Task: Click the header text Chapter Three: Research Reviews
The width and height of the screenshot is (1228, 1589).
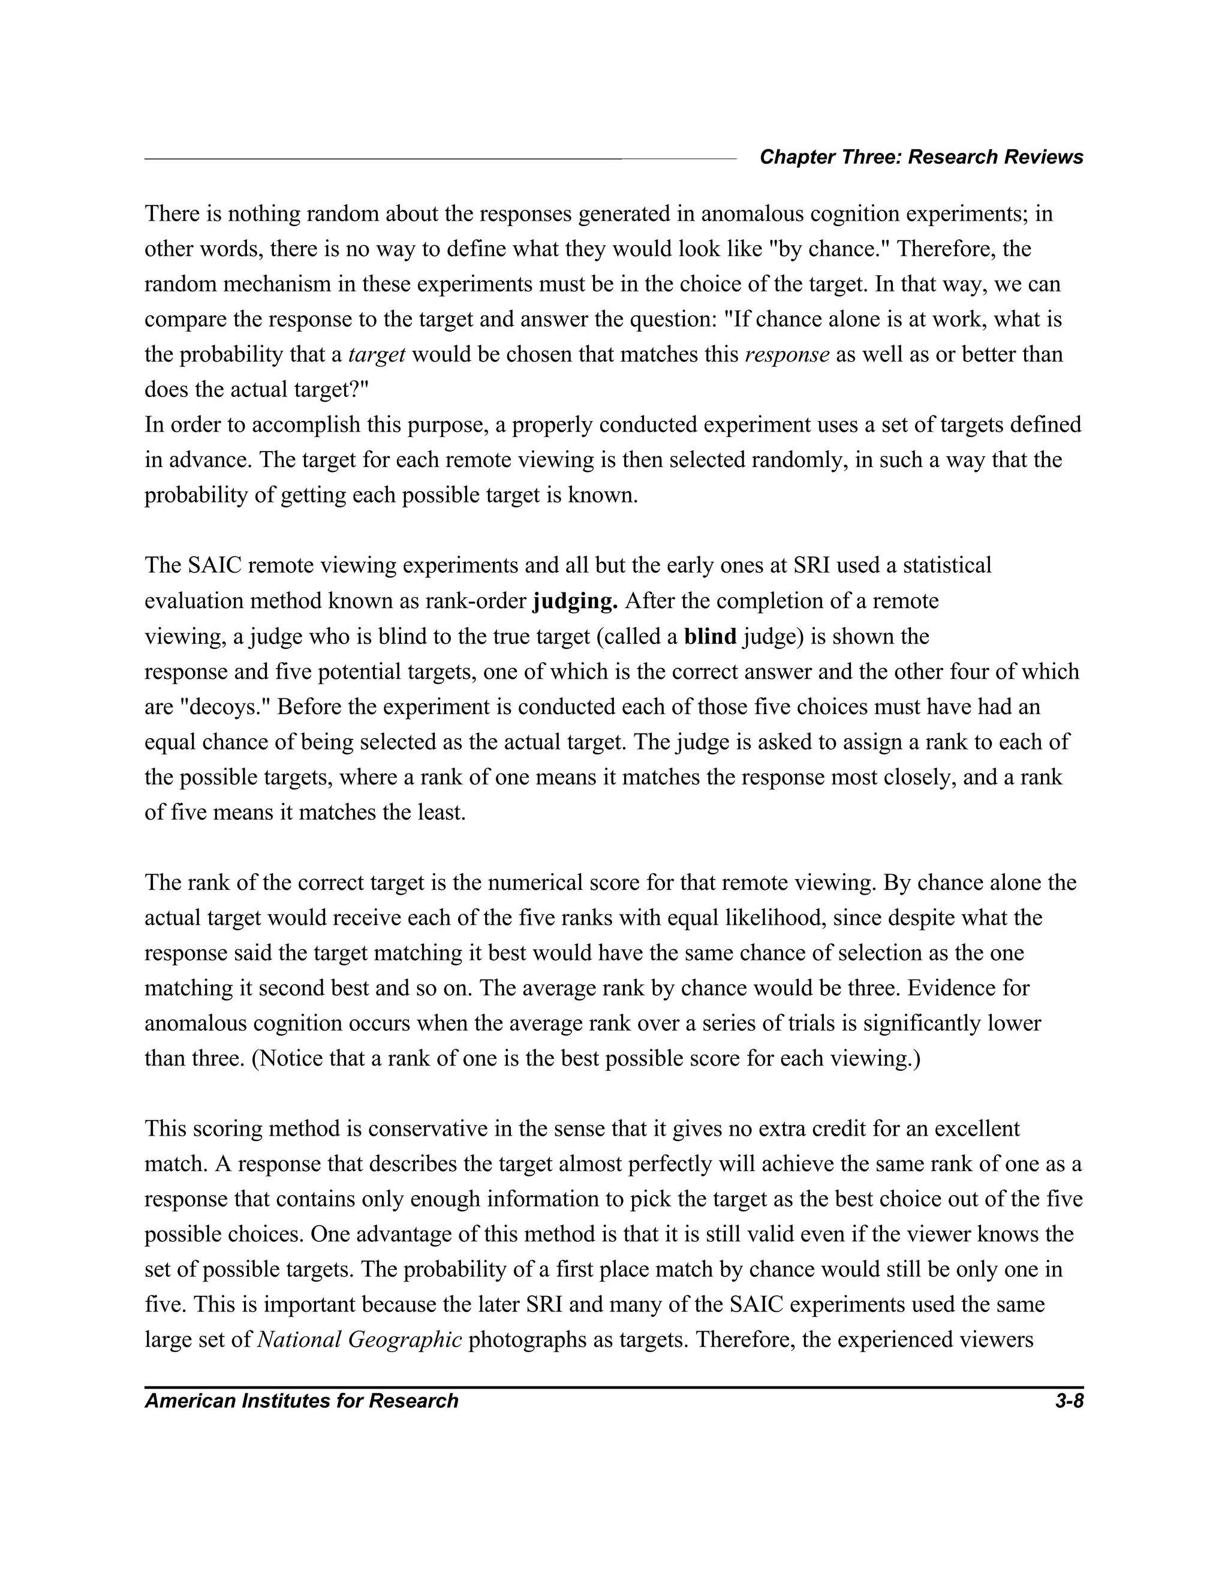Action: (x=921, y=157)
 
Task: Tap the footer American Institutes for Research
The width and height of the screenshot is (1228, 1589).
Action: (x=301, y=1401)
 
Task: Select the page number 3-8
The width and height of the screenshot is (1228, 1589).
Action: (x=1069, y=1401)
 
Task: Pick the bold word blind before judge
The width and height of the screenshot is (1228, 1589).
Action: (x=710, y=637)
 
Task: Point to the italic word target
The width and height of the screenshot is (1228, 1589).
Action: (x=377, y=355)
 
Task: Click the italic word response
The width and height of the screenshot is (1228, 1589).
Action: (x=787, y=355)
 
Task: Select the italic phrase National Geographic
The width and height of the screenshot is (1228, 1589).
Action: (x=360, y=1340)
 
